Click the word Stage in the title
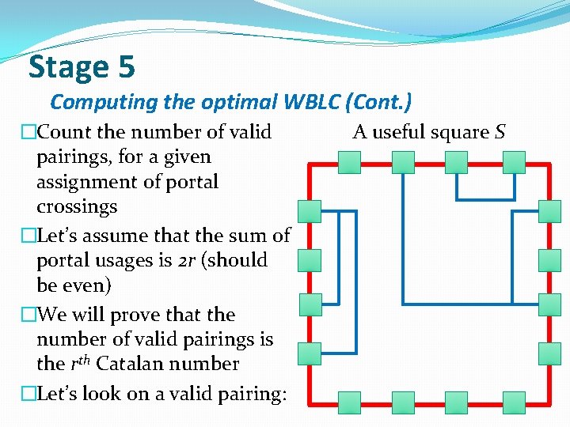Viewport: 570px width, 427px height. click(x=66, y=67)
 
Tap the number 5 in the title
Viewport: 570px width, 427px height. click(x=126, y=67)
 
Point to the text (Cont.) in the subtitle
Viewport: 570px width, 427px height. click(x=382, y=103)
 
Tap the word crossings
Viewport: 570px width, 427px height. click(x=77, y=206)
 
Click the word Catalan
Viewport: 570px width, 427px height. click(x=152, y=364)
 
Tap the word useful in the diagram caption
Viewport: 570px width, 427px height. click(x=401, y=132)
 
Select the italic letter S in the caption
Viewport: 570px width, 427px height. click(x=500, y=132)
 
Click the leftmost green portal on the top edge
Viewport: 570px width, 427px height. click(x=349, y=162)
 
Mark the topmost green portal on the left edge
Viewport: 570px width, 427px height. click(x=310, y=211)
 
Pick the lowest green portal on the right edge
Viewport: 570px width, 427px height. click(x=549, y=353)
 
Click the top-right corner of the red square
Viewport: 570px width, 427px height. click(x=549, y=164)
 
